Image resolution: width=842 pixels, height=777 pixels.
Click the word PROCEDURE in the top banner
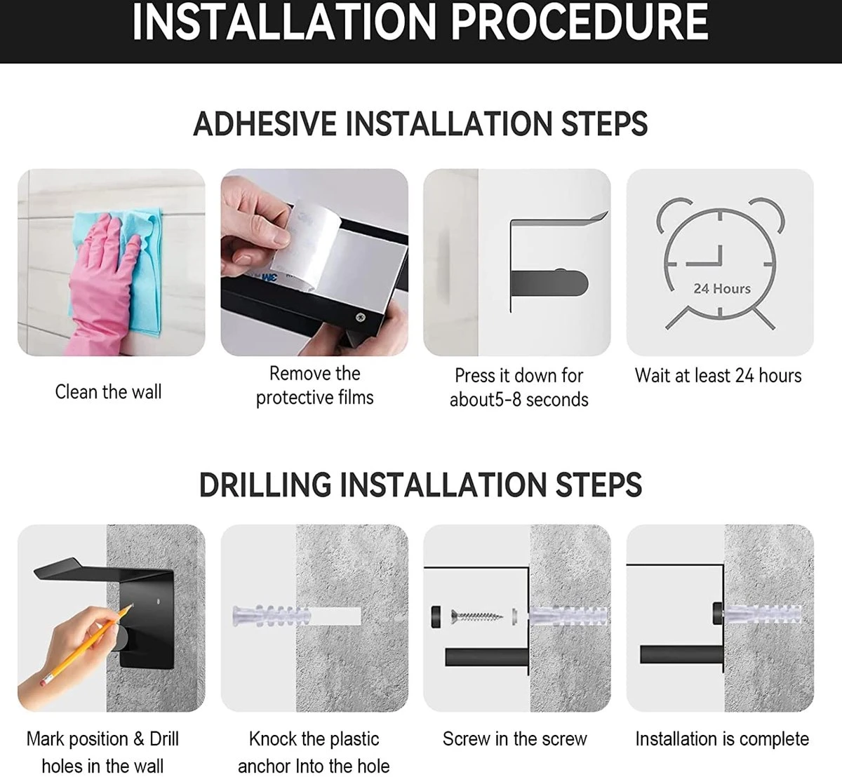click(x=579, y=22)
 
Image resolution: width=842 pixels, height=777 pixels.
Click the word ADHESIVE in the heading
click(x=266, y=124)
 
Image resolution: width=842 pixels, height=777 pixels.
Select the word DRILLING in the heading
click(x=265, y=485)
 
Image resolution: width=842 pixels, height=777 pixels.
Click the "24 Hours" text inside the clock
click(x=722, y=289)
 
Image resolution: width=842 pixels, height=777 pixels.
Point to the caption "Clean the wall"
click(x=109, y=392)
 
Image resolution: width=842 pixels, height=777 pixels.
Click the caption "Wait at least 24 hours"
click(x=719, y=376)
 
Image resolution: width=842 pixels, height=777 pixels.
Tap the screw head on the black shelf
click(x=361, y=316)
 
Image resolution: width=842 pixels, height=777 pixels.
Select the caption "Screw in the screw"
click(x=515, y=739)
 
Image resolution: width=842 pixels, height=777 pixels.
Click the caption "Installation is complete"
click(x=722, y=739)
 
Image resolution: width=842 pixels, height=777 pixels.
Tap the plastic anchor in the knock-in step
click(x=272, y=616)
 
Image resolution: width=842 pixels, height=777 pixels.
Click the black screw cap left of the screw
click(x=436, y=617)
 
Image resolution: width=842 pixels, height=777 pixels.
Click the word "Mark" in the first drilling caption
click(x=45, y=739)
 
